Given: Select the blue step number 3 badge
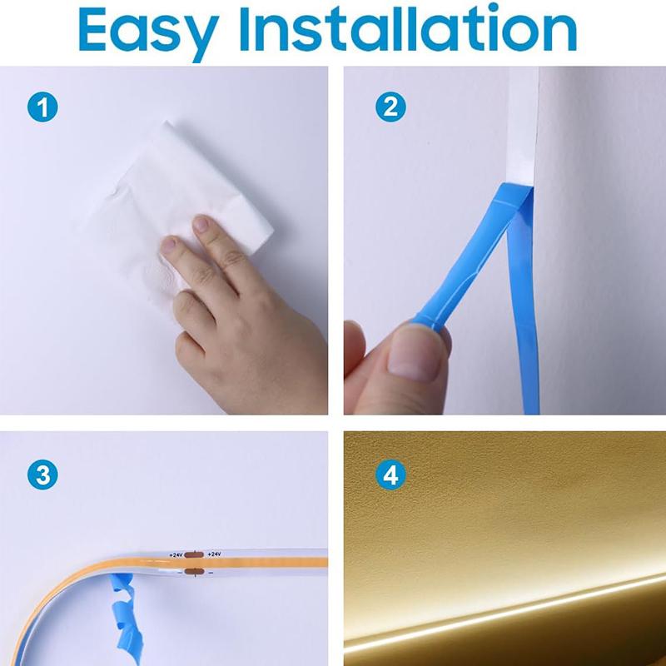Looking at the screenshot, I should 42,475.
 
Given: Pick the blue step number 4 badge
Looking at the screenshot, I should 390,475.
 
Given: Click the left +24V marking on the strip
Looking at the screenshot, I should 176,554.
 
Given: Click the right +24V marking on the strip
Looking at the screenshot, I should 214,554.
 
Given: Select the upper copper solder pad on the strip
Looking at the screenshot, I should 194,554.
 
